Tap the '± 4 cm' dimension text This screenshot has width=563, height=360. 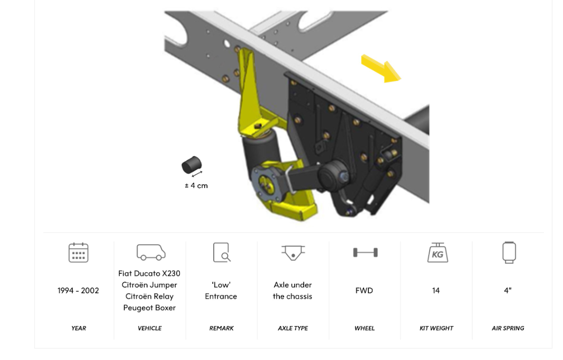coord(196,185)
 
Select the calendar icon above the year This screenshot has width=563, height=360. coord(78,253)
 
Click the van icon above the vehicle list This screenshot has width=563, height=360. coord(150,252)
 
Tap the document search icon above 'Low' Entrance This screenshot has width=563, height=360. coord(221,253)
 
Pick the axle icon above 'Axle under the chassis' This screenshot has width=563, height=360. coord(293,252)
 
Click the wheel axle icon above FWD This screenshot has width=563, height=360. coord(365,253)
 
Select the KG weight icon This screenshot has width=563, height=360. coord(437,253)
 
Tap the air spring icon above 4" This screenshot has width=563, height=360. coord(508,253)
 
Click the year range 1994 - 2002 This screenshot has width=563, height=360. coord(78,291)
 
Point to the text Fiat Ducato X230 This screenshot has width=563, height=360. coord(150,274)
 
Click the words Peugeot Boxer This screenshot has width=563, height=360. coord(150,308)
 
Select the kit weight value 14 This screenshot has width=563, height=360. coord(436,291)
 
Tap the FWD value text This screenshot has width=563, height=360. coord(365,291)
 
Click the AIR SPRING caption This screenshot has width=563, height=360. coord(508,328)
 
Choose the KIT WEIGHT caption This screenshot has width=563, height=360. coord(436,328)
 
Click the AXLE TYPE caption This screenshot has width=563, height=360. coord(293,328)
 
